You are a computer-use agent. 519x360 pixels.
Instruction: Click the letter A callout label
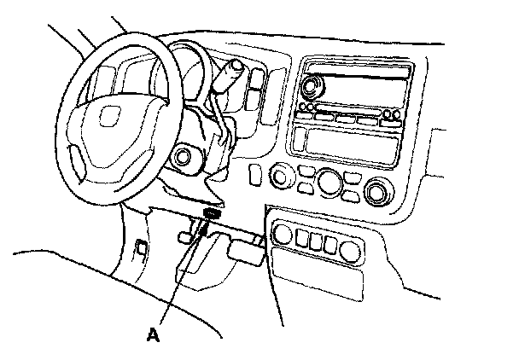(x=153, y=334)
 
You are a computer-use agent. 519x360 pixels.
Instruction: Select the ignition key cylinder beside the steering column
(x=182, y=158)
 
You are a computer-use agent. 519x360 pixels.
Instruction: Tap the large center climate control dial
(x=329, y=183)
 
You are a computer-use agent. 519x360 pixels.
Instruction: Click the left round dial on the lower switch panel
(x=283, y=235)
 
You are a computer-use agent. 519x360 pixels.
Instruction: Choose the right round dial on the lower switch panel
(x=349, y=250)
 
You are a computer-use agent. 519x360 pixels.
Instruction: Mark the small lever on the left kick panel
(x=139, y=247)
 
